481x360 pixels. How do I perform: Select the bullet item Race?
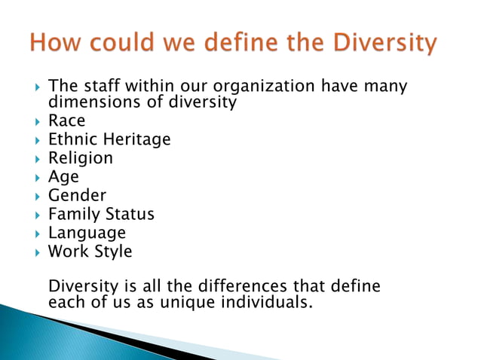click(x=67, y=121)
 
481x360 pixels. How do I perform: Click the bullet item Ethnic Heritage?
click(x=109, y=139)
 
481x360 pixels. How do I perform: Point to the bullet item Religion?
click(x=81, y=158)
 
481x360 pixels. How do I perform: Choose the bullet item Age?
click(x=63, y=178)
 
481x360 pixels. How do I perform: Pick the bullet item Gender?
click(x=78, y=196)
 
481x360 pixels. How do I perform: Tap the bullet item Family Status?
click(x=101, y=215)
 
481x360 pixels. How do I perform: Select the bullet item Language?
click(x=87, y=233)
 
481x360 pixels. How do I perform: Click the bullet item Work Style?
click(x=90, y=252)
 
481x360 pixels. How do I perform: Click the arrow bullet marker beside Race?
click(x=37, y=121)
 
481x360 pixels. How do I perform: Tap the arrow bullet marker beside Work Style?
click(x=37, y=252)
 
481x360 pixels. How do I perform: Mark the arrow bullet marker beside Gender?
click(x=37, y=197)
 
